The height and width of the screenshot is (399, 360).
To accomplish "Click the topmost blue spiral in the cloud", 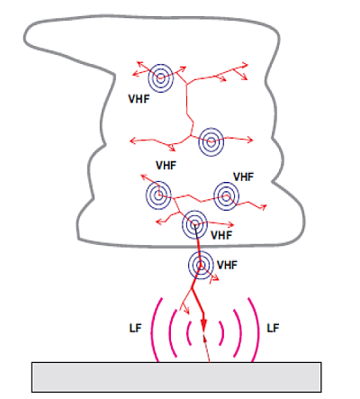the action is (161, 78).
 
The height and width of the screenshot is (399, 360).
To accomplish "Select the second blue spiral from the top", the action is (211, 141).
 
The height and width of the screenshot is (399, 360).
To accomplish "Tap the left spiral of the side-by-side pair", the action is (158, 195).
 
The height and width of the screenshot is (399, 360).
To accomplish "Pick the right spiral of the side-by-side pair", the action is (226, 196).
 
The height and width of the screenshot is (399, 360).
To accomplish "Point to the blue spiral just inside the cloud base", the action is (194, 224).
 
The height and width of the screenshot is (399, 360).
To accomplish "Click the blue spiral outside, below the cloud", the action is (201, 265).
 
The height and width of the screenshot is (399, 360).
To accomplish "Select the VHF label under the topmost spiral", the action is (139, 99).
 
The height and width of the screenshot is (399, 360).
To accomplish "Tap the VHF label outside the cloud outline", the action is (227, 265).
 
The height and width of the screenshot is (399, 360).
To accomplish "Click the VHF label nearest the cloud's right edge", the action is (243, 177).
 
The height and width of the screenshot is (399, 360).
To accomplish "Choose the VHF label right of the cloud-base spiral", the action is (221, 235).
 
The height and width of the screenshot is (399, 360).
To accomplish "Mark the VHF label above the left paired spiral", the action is (166, 165).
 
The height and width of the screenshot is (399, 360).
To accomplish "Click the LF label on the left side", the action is (135, 328).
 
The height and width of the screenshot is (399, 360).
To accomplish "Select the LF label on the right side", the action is (273, 328).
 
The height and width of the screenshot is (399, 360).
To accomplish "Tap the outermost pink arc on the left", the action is (152, 331).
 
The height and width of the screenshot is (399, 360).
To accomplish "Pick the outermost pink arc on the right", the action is (258, 331).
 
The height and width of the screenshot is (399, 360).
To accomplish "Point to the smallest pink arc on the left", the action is (188, 332).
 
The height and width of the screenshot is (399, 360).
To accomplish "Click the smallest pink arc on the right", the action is (223, 332).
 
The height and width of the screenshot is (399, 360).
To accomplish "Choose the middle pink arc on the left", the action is (170, 332).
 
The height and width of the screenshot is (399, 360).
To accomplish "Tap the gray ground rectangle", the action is (176, 377).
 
